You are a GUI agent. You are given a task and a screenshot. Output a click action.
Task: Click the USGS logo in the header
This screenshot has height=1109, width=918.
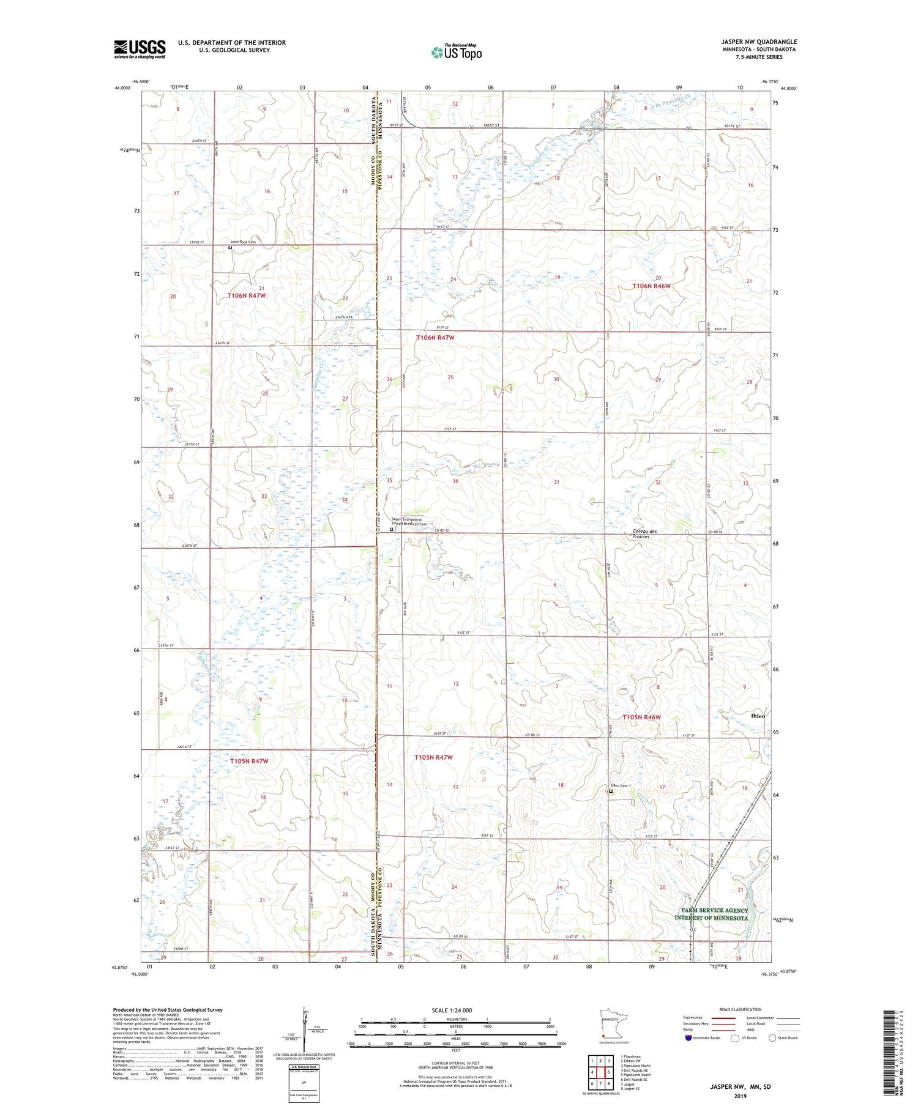140,49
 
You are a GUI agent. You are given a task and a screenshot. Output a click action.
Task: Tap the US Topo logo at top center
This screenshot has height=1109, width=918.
457,52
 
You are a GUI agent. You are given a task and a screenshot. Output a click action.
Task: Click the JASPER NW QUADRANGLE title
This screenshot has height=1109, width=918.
758,42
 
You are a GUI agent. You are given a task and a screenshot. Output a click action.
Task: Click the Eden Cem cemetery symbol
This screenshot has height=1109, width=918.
610,792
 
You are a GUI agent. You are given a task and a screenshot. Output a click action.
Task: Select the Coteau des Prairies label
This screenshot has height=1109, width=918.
645,534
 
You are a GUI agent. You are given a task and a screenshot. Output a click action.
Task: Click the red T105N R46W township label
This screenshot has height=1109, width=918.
641,717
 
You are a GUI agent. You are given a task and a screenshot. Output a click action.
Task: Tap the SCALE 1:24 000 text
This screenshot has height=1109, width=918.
452,1010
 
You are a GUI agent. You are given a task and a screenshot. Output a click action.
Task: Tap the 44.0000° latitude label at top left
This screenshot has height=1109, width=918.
122,88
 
